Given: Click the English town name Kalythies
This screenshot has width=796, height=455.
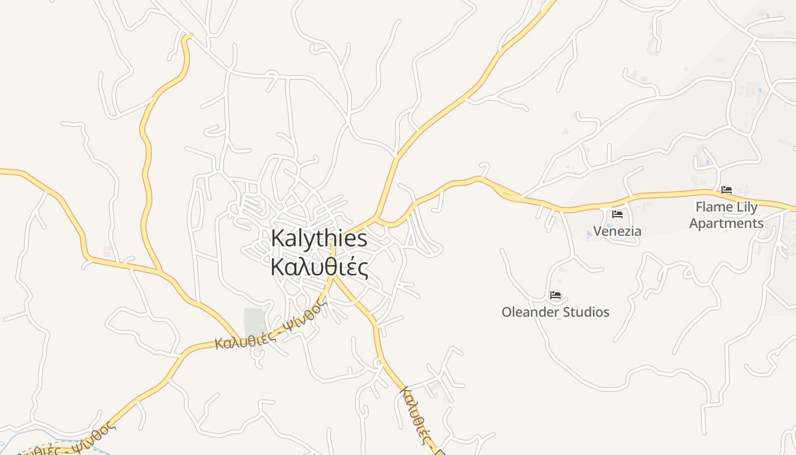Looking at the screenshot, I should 319,238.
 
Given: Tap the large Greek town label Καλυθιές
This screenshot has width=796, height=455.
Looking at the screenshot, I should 319,267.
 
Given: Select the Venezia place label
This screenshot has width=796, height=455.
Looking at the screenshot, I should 617,231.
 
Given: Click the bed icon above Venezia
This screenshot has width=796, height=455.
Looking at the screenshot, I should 617,214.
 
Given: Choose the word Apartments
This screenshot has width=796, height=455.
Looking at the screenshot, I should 726,223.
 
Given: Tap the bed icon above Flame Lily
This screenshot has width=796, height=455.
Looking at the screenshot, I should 726,190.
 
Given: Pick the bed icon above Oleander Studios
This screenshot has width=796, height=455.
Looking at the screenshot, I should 555,295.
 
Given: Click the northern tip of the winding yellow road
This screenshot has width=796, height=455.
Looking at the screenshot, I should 187,37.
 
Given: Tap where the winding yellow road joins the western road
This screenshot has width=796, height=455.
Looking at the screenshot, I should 160,271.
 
